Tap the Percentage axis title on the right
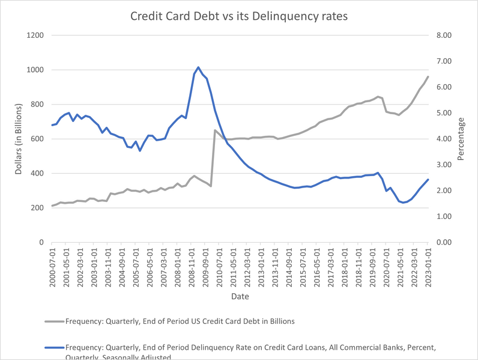point(461,139)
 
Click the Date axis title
point(238,296)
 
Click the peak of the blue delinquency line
point(198,67)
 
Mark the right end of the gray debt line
point(428,76)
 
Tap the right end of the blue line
point(428,179)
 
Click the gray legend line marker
point(53,321)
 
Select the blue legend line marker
point(53,347)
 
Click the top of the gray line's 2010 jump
point(215,130)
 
